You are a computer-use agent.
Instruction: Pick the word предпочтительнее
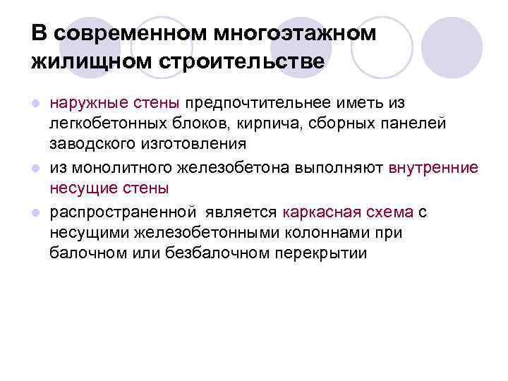click(x=266, y=105)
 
